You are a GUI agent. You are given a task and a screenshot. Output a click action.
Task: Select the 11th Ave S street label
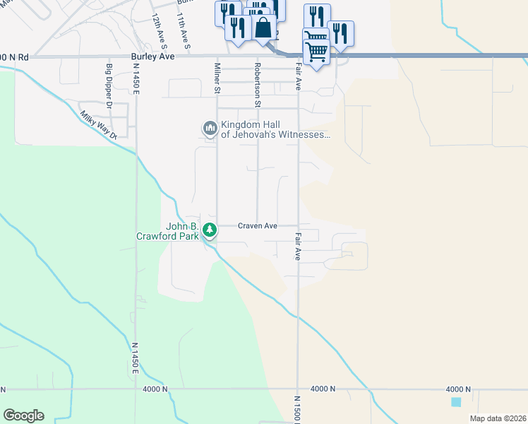[x=183, y=29]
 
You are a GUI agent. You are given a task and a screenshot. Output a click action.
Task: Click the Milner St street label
[x=218, y=78]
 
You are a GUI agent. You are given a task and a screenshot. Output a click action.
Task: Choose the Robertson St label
[x=258, y=84]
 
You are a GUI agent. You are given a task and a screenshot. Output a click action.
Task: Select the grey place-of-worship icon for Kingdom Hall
[x=209, y=129]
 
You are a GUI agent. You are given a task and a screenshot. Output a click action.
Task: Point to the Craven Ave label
[x=257, y=226]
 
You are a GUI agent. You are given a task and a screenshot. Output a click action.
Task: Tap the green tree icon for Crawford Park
[x=210, y=230]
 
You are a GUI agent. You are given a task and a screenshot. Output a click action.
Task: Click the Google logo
[x=23, y=416]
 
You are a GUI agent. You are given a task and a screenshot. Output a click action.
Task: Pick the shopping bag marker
[x=263, y=28]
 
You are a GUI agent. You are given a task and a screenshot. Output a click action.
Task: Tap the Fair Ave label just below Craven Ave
[x=299, y=247]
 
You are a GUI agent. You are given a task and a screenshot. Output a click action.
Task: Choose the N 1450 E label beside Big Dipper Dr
[x=136, y=83]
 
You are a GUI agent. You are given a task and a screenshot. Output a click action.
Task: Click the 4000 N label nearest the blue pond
[x=458, y=389]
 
